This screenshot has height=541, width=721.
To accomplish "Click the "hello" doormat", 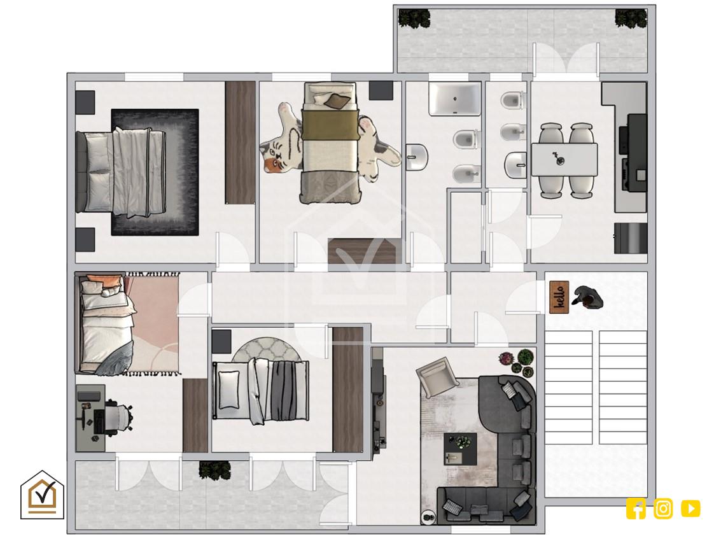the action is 559,297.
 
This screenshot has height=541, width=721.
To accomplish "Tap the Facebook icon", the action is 636,509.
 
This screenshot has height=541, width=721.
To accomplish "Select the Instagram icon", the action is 663,509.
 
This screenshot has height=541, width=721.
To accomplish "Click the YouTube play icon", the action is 690,509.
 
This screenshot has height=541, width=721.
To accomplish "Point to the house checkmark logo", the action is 42,495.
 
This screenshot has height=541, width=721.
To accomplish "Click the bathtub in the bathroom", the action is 455,99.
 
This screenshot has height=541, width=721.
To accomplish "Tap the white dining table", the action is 564,160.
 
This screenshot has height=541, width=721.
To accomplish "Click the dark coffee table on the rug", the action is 460,449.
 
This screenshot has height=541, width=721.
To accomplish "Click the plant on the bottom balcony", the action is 214,470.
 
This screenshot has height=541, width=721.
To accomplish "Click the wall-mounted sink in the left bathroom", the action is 417,157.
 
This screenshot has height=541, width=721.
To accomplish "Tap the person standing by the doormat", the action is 587,297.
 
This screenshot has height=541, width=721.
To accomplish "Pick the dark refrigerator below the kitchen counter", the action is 631,238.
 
